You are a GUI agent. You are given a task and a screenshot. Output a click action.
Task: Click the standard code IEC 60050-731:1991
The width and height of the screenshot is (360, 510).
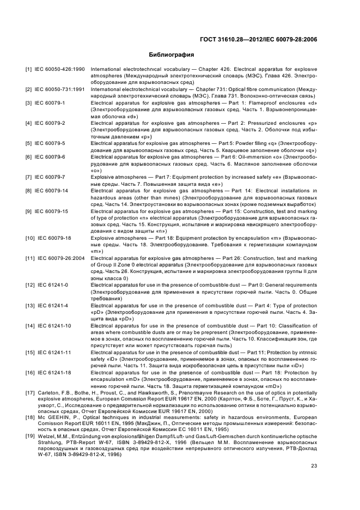[x=59, y=89]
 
